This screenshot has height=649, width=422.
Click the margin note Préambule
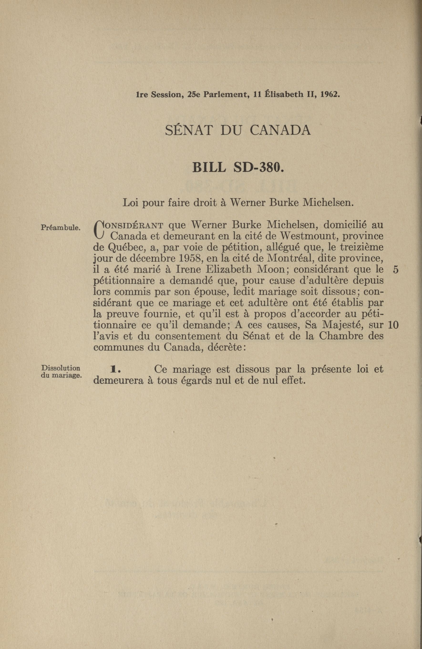point(60,227)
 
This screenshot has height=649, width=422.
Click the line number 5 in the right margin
point(396,270)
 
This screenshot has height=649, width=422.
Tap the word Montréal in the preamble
point(290,258)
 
